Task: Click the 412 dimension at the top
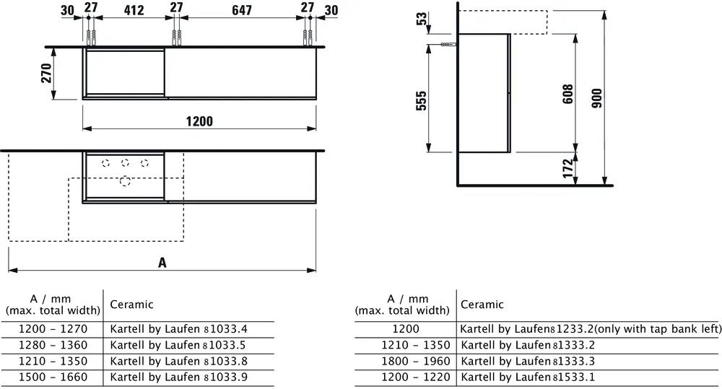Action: pos(134,11)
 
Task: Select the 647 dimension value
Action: pos(243,11)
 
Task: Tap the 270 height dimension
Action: pos(46,74)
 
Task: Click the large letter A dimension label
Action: pos(162,263)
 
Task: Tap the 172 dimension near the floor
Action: pos(567,168)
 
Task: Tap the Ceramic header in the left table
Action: pos(131,305)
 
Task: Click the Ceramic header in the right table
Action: pos(482,305)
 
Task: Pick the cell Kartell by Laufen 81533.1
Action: pos(518,377)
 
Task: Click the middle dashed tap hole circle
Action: pos(125,162)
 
